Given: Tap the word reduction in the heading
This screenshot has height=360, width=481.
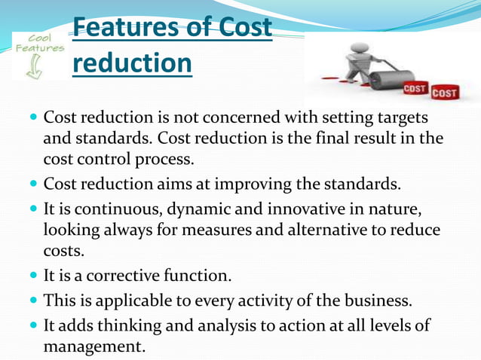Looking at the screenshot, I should tap(133, 63).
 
